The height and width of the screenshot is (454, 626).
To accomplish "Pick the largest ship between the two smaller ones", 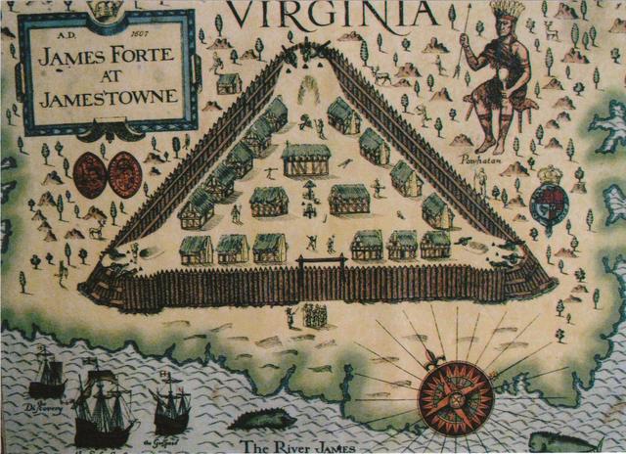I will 105,403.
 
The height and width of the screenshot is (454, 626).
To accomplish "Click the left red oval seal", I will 91,174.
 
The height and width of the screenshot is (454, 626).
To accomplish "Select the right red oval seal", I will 124,174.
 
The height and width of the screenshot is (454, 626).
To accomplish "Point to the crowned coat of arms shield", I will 550,197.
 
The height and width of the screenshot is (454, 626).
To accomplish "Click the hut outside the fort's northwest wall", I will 229,83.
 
